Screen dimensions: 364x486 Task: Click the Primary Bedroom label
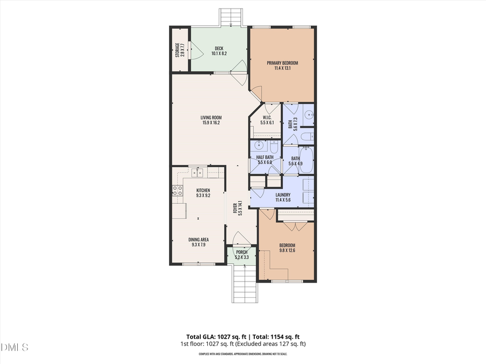(282, 63)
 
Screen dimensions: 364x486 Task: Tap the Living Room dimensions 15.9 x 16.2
(211, 123)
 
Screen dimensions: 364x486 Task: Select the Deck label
(219, 49)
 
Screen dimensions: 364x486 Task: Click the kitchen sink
(198, 173)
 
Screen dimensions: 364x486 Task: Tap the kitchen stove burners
(176, 190)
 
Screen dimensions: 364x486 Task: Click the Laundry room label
(283, 195)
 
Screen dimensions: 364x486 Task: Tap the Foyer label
(235, 209)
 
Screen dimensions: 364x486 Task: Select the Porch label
(241, 252)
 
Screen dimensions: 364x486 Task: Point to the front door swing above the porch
(238, 240)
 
